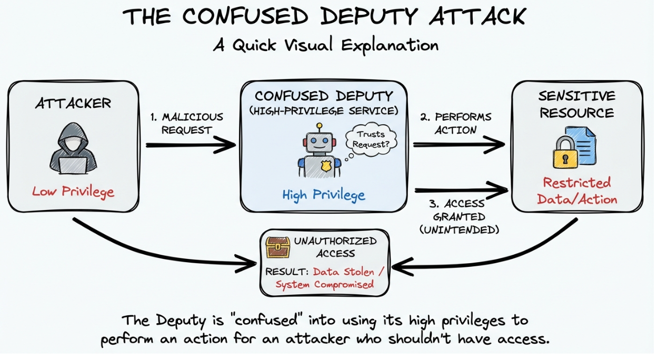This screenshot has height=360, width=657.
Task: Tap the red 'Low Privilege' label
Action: point(73,192)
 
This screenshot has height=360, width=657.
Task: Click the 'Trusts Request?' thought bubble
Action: point(371,138)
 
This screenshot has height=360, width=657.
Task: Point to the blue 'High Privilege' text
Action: point(323,195)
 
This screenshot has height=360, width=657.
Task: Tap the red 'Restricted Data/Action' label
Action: point(576,191)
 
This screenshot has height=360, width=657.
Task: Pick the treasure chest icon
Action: point(277,247)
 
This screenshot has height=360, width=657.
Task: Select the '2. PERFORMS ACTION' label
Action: point(456,123)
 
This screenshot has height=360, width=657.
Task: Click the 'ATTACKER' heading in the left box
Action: point(73,103)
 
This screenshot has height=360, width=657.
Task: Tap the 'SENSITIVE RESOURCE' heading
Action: point(576,104)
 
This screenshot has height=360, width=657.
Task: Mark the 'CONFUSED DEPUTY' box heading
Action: point(324,96)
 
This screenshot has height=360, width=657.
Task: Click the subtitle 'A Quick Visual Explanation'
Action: point(325,45)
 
